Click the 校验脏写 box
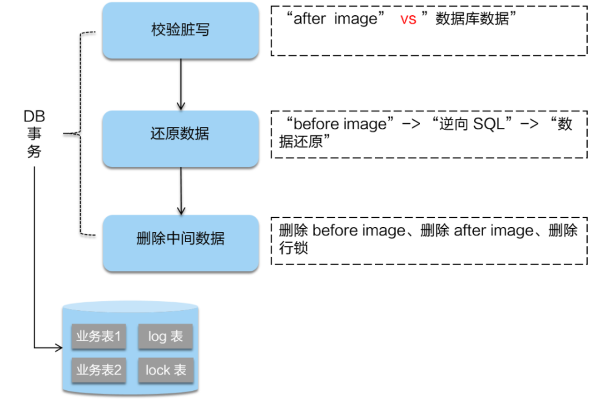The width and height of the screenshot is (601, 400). (x=180, y=30)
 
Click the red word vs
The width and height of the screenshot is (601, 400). (x=408, y=19)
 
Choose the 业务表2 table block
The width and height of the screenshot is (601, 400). (x=98, y=370)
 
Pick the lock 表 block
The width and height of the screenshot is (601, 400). (x=165, y=370)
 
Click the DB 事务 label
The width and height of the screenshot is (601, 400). (x=34, y=134)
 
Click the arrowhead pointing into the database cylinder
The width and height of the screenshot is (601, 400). (x=59, y=348)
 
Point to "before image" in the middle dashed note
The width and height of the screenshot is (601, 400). (x=340, y=124)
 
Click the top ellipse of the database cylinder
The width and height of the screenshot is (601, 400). (x=131, y=307)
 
